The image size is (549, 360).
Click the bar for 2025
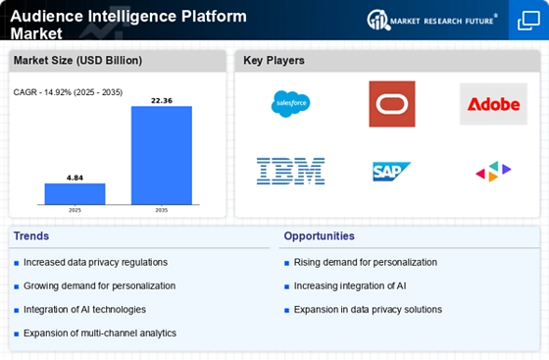point(75,193)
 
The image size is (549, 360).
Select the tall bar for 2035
point(162,155)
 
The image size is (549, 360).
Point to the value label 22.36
point(162,100)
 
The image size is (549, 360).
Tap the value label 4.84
point(75,178)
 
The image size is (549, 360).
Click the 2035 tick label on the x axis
point(162,210)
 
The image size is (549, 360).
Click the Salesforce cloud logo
point(290,104)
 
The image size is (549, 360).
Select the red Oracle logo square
point(392,104)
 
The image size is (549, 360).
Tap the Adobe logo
point(493,104)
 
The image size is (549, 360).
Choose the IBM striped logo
point(290,172)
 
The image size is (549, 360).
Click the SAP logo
point(391,172)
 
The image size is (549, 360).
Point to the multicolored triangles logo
point(493,172)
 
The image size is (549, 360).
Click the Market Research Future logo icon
point(378,20)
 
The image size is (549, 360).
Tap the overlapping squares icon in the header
point(528,21)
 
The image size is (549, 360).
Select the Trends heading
point(31,236)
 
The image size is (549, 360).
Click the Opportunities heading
point(319,236)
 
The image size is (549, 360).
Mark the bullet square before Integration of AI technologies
point(16,310)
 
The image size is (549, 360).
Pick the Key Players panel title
point(274,61)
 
